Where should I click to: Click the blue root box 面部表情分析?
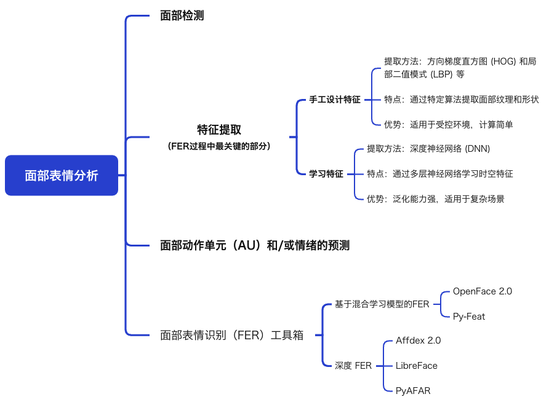tap(62, 175)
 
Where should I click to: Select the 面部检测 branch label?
tap(182, 15)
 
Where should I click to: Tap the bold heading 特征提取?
tap(219, 130)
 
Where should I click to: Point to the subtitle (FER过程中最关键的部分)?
tap(219, 146)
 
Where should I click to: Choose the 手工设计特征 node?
tap(335, 100)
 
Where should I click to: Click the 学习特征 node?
tap(326, 174)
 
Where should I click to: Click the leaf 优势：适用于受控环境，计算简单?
tap(449, 124)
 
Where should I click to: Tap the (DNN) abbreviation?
tap(477, 149)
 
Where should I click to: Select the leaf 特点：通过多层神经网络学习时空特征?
tap(440, 174)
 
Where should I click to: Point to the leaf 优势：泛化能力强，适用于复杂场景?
tap(436, 199)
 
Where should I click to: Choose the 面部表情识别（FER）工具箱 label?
tap(232, 335)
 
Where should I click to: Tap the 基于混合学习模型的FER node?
tap(382, 304)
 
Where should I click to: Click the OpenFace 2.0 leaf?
tap(483, 291)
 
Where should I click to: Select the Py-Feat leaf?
tap(469, 317)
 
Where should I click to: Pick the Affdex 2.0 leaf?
tap(418, 341)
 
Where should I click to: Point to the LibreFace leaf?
tap(417, 366)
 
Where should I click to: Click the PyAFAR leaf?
tap(413, 391)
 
